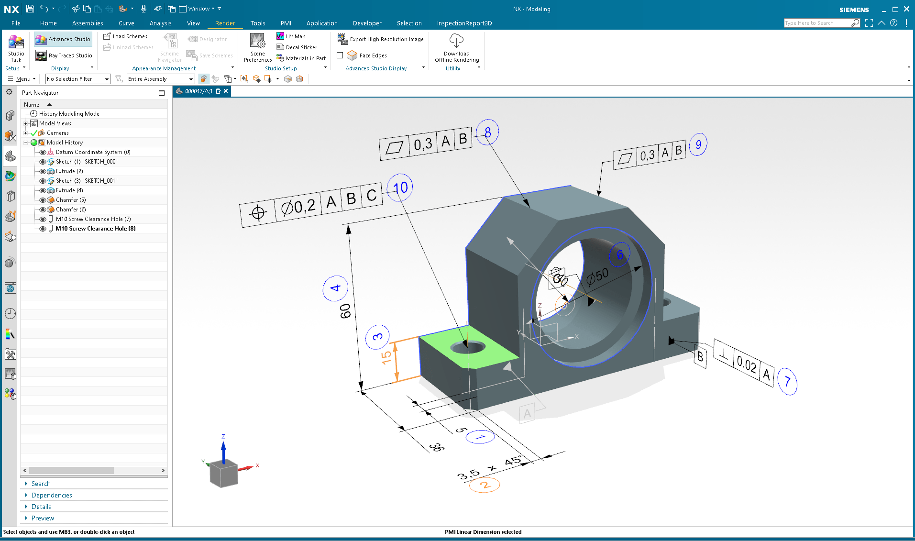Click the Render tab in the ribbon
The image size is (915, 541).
point(225,23)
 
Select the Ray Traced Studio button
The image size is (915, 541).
point(64,55)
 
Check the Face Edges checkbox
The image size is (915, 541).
point(340,55)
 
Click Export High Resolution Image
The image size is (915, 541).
point(381,39)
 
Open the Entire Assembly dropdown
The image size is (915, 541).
point(191,79)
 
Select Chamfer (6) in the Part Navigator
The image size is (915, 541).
point(70,210)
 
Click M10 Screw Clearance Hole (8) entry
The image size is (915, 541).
point(95,229)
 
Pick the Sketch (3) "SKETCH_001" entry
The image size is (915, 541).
point(86,181)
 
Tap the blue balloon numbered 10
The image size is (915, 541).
point(400,188)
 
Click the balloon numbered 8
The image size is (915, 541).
point(487,132)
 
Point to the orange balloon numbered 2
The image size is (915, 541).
point(485,485)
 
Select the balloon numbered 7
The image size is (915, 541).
point(787,381)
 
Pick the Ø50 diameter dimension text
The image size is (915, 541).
point(597,276)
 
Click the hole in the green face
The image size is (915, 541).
point(468,346)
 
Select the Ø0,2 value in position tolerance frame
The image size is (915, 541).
point(298,207)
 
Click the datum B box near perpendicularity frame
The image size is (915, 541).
point(700,357)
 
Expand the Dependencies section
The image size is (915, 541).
point(52,495)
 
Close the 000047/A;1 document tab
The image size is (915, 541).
point(226,91)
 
